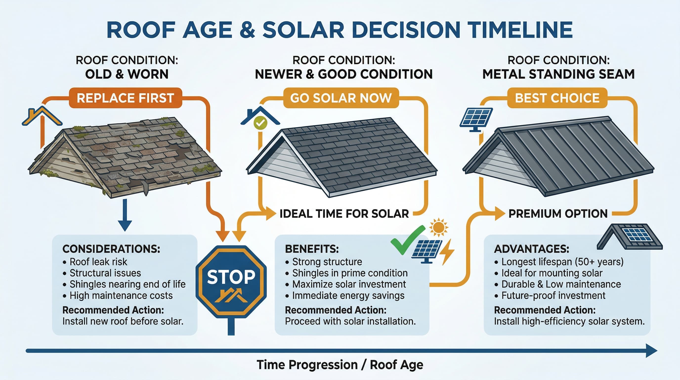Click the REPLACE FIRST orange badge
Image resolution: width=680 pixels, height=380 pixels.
click(x=125, y=98)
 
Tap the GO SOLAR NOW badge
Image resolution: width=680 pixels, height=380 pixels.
click(x=341, y=98)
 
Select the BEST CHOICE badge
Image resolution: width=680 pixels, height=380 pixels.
click(x=557, y=98)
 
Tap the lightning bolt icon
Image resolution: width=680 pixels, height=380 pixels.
click(x=447, y=252)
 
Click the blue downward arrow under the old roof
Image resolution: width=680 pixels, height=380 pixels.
click(x=125, y=215)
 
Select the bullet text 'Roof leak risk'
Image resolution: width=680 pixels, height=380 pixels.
click(x=98, y=262)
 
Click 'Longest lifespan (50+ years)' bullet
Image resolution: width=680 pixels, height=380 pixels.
click(x=562, y=262)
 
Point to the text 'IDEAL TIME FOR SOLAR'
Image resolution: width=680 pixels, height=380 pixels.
click(x=344, y=214)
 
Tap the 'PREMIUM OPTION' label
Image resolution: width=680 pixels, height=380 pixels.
click(x=558, y=214)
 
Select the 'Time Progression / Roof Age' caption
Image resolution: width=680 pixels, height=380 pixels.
click(x=340, y=365)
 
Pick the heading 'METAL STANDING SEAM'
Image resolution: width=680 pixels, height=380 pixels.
click(x=559, y=74)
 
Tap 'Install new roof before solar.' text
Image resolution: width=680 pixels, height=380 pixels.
click(x=123, y=321)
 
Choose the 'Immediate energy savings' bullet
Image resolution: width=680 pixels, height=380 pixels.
click(x=348, y=295)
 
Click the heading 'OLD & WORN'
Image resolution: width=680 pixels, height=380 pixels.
click(x=127, y=74)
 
